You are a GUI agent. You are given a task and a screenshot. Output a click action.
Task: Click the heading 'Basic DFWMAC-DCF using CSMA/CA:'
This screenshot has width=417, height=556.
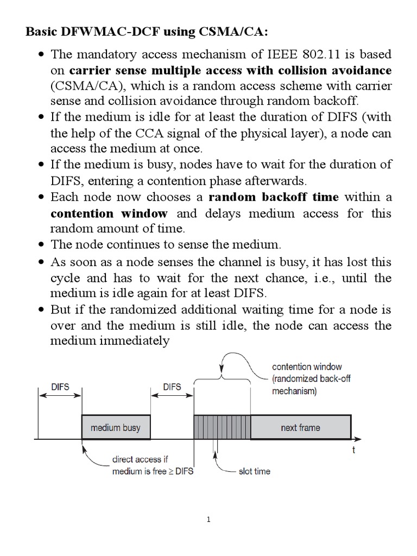pyautogui.click(x=147, y=32)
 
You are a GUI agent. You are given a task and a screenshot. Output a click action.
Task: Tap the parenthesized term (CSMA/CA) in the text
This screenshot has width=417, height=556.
pyautogui.click(x=83, y=86)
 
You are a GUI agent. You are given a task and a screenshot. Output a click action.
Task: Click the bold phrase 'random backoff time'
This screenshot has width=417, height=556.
pyautogui.click(x=274, y=197)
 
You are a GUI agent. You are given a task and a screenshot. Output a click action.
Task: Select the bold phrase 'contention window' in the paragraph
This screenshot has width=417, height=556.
pyautogui.click(x=109, y=213)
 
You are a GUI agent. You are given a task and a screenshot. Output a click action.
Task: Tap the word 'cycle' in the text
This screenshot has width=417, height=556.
pyautogui.click(x=65, y=278)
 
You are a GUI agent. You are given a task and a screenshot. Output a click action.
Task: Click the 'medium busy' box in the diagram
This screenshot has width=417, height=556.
pyautogui.click(x=115, y=427)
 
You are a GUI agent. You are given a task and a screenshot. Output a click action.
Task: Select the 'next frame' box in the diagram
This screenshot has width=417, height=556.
pyautogui.click(x=300, y=427)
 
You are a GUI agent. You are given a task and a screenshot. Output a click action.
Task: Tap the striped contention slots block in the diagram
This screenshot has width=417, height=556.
pyautogui.click(x=222, y=427)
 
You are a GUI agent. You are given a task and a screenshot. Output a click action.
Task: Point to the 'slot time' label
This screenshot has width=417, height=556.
pyautogui.click(x=254, y=471)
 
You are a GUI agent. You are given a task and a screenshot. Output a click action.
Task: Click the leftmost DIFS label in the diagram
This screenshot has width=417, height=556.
pyautogui.click(x=60, y=387)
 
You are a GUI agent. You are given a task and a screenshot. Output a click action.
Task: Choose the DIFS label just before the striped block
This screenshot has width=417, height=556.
pyautogui.click(x=172, y=387)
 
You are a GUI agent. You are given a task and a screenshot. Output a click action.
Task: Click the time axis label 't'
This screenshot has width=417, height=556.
pyautogui.click(x=353, y=450)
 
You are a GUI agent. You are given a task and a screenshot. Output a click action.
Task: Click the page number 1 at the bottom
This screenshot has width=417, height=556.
pyautogui.click(x=208, y=520)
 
